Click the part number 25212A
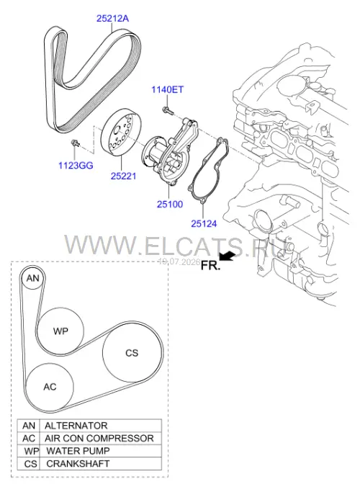(112, 19)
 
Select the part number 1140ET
(168, 90)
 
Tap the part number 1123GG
(76, 166)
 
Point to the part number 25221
(124, 176)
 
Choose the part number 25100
(170, 205)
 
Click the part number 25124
(204, 224)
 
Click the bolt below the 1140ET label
(167, 110)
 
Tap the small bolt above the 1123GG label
(76, 143)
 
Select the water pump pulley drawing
(120, 132)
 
